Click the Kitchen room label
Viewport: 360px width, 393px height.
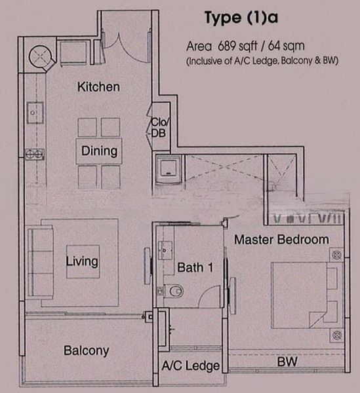[x=98, y=86]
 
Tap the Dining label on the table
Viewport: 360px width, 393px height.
[x=100, y=151]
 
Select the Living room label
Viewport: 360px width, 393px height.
[x=82, y=261]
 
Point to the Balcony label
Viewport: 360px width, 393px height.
[x=87, y=350]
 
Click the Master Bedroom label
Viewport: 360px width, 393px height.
[x=281, y=240]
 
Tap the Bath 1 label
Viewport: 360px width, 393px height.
[x=195, y=267]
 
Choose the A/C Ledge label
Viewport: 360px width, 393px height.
[x=191, y=365]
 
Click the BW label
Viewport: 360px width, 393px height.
[x=287, y=362]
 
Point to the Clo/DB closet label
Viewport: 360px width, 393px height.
[x=160, y=128]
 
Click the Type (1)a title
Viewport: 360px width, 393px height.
[x=241, y=18]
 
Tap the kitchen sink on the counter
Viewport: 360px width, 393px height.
[x=35, y=113]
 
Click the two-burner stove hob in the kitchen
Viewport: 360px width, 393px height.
[x=35, y=154]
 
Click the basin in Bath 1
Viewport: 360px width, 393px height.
[x=165, y=250]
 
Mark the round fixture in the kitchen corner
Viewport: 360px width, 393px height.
[x=41, y=56]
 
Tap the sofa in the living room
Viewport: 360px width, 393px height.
[x=41, y=263]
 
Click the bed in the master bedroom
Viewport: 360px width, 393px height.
[x=304, y=295]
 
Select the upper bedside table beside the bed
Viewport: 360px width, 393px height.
[x=336, y=255]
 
